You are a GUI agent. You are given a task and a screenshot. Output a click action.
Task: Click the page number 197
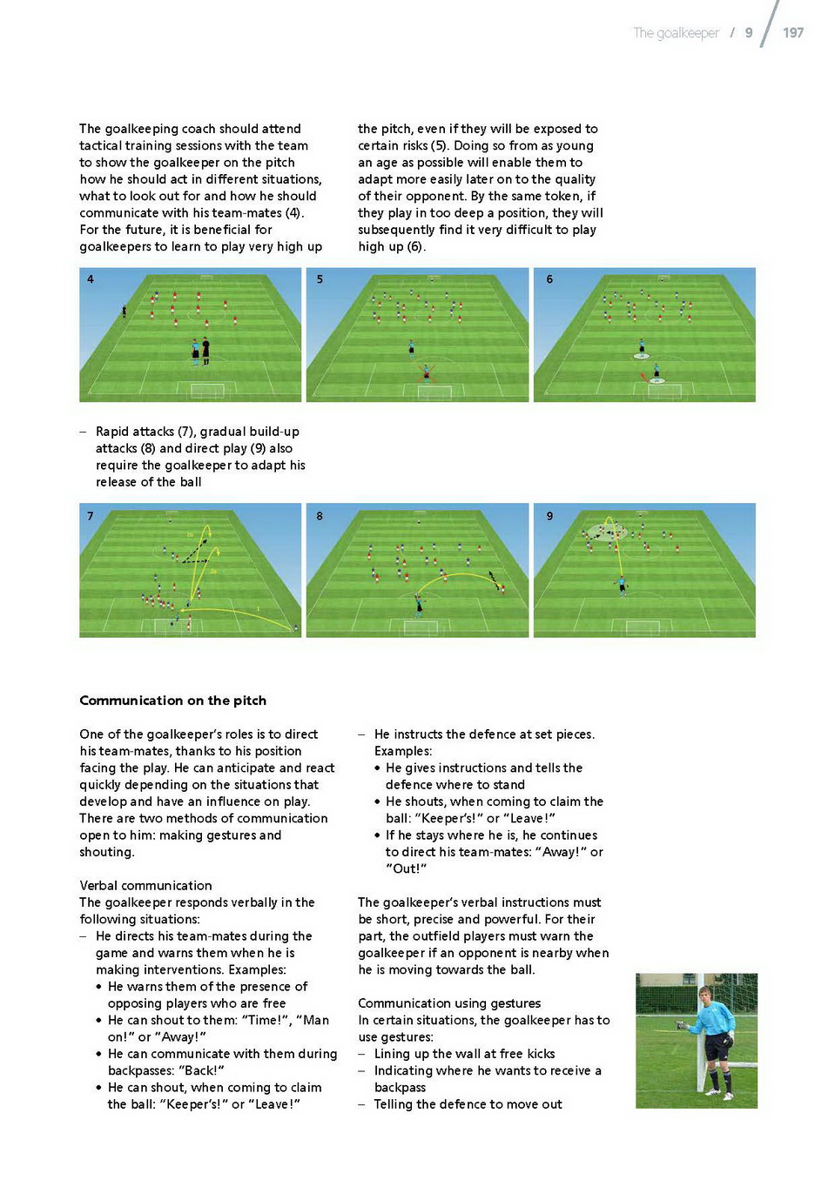click(793, 33)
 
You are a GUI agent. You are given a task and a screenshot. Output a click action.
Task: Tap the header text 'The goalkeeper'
click(676, 33)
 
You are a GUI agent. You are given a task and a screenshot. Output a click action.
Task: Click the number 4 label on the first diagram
click(91, 279)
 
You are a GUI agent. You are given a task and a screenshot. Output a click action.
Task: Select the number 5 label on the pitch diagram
click(320, 279)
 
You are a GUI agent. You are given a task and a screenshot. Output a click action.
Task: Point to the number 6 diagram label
click(549, 279)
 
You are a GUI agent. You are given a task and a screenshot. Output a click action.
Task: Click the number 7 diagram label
click(91, 516)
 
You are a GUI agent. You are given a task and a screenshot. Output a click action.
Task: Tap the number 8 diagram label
click(320, 516)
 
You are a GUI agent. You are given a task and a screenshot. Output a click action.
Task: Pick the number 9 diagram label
click(549, 516)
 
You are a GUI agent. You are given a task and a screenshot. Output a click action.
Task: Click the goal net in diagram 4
click(207, 391)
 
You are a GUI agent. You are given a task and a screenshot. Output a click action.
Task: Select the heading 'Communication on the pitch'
click(173, 701)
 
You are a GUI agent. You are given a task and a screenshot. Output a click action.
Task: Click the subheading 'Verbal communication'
click(145, 885)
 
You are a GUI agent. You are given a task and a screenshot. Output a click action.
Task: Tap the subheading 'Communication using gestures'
click(449, 1003)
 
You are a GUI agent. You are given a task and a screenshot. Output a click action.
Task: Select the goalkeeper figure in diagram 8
click(419, 606)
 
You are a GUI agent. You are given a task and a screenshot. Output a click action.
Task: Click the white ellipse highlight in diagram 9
click(606, 532)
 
